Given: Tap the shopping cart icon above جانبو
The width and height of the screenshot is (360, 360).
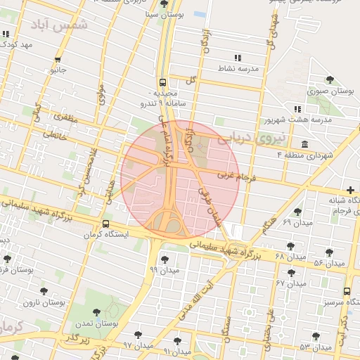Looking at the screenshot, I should pyautogui.click(x=57, y=60).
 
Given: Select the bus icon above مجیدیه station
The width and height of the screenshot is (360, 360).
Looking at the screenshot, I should pyautogui.click(x=162, y=82).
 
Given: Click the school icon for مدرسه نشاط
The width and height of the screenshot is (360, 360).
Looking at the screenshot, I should pyautogui.click(x=237, y=58).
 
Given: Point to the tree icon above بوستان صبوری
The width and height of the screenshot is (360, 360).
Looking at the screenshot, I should pyautogui.click(x=330, y=80).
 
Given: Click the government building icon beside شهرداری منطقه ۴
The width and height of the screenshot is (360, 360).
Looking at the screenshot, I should pyautogui.click(x=304, y=144).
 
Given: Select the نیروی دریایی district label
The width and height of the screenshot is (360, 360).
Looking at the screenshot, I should pyautogui.click(x=254, y=138).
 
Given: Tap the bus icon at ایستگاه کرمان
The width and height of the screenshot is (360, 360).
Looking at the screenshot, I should pyautogui.click(x=105, y=224).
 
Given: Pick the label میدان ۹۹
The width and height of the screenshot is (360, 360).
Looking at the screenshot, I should pyautogui.click(x=165, y=269).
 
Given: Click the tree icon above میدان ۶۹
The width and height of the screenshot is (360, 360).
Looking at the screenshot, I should pyautogui.click(x=297, y=212).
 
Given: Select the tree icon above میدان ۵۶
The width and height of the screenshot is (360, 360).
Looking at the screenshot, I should pyautogui.click(x=329, y=252).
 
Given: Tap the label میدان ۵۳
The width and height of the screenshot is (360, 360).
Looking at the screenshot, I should pyautogui.click(x=314, y=347).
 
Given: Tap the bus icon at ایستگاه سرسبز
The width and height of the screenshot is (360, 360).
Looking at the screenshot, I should pyautogui.click(x=347, y=291).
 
